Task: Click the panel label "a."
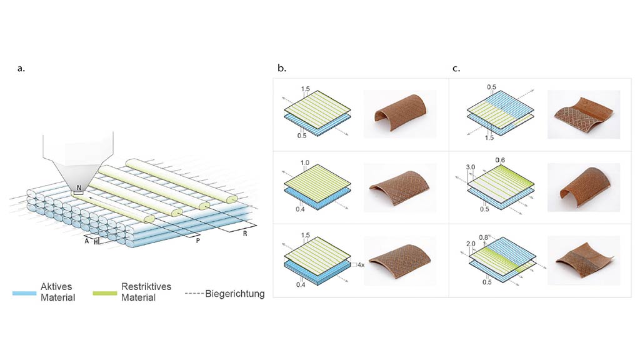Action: (x=21, y=69)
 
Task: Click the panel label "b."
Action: (x=282, y=69)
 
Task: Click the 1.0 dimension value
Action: (x=306, y=163)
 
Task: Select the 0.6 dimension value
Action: (x=500, y=160)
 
